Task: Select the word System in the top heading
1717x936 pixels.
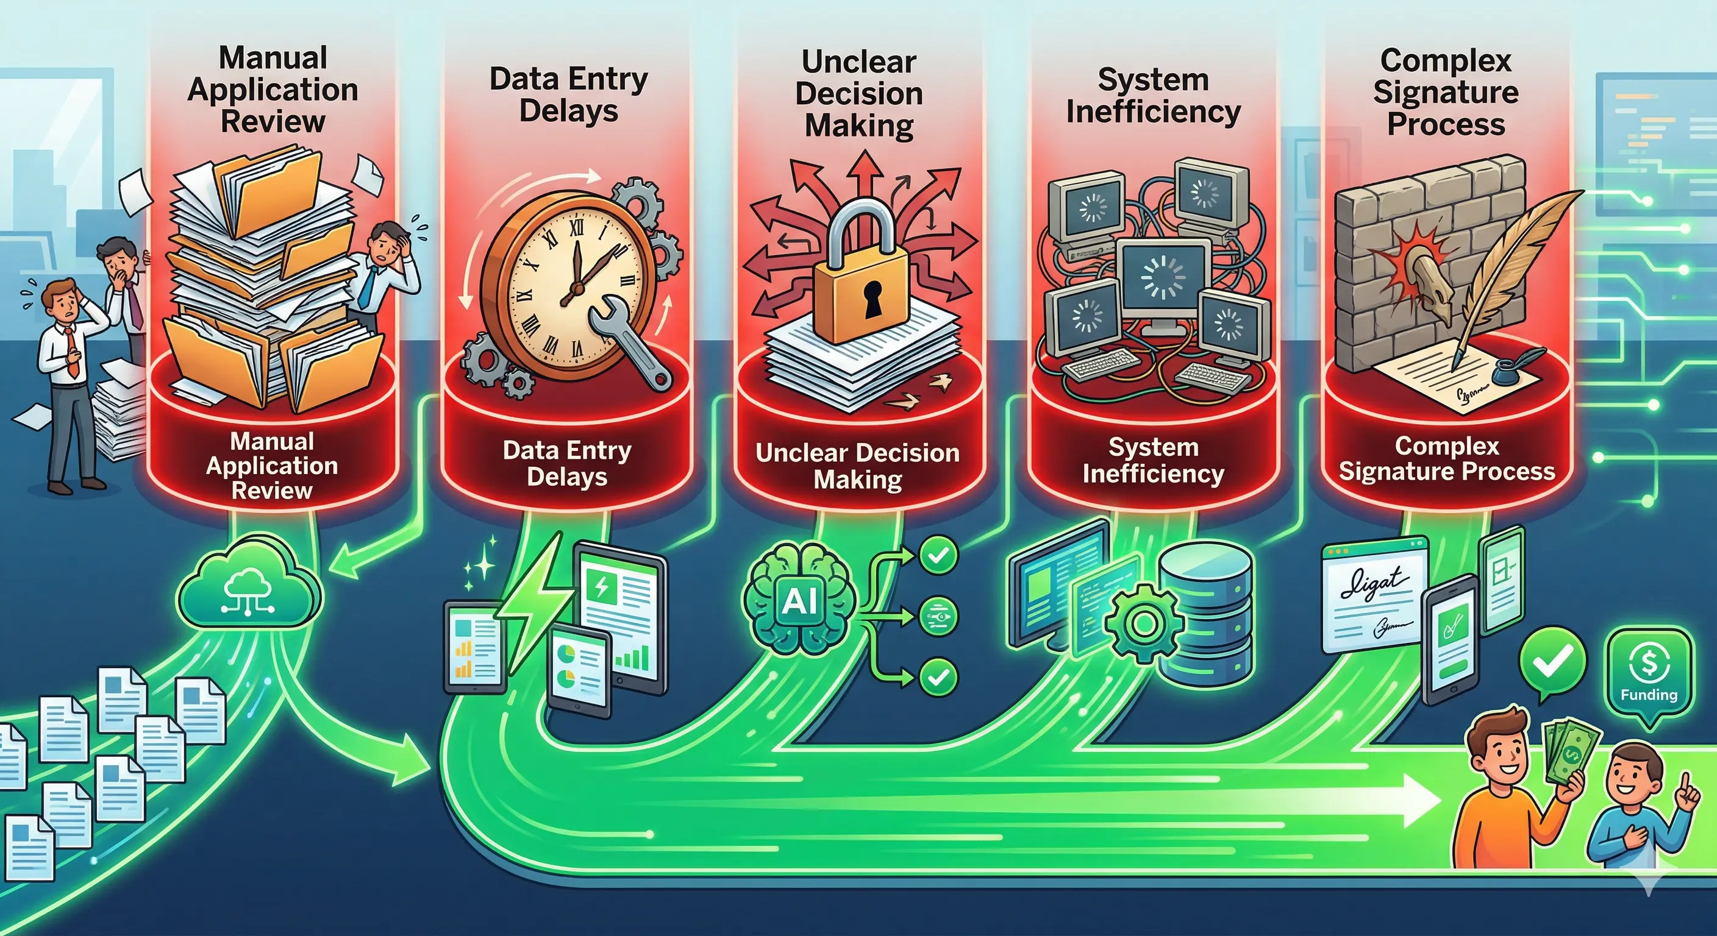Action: tap(1152, 80)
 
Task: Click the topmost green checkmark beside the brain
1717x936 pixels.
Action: tap(938, 555)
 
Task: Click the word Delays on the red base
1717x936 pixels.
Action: tap(566, 477)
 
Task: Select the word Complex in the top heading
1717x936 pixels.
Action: tap(1445, 60)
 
